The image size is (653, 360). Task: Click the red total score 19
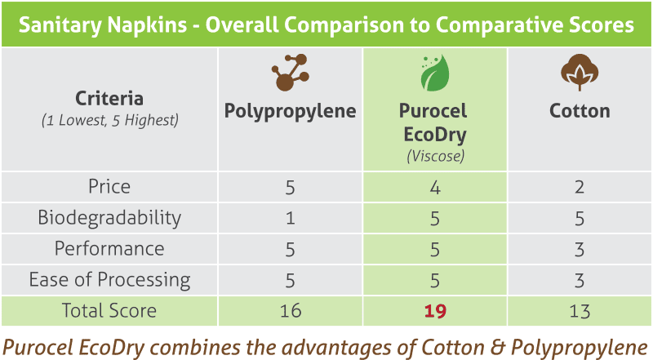(x=435, y=311)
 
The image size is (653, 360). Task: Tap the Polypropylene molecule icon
(x=291, y=73)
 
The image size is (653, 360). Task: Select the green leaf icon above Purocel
(x=435, y=73)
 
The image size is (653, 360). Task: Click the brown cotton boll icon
(x=580, y=73)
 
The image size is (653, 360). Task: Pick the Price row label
(x=109, y=187)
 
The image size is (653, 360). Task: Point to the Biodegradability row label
(x=109, y=218)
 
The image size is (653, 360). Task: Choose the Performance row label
(x=109, y=249)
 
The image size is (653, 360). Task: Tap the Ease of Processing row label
(x=109, y=279)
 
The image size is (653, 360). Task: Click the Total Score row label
(x=109, y=311)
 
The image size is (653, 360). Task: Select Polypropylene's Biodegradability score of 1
(x=291, y=218)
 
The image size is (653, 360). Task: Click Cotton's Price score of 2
(x=580, y=187)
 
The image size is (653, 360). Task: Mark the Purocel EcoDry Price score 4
(x=435, y=188)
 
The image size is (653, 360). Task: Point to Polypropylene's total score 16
(x=291, y=311)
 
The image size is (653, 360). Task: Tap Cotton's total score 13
(x=580, y=311)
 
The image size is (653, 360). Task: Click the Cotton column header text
(x=580, y=111)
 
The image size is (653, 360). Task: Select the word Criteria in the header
(x=109, y=99)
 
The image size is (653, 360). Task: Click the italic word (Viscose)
(x=435, y=156)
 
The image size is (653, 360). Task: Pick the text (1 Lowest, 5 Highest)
(x=109, y=121)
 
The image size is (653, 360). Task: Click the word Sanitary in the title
(x=60, y=25)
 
